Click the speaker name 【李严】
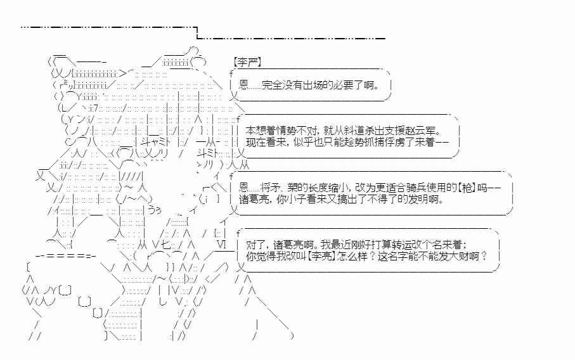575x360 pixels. [247, 62]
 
